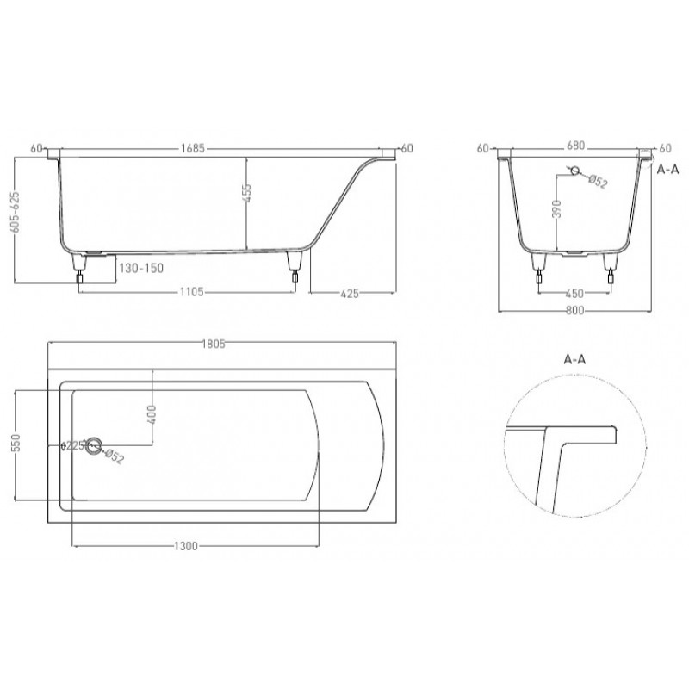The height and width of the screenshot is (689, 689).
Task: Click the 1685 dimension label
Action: coord(193,148)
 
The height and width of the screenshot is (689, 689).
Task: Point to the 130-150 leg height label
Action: coord(141,268)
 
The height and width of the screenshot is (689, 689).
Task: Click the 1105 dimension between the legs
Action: coord(191,292)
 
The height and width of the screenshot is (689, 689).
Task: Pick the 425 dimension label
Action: coord(350,293)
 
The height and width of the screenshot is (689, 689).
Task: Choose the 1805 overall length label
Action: coord(214,344)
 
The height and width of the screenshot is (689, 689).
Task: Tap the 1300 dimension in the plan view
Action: coord(186,546)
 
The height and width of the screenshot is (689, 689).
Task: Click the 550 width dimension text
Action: coord(16,444)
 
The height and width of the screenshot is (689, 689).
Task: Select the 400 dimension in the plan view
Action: coord(152,414)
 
